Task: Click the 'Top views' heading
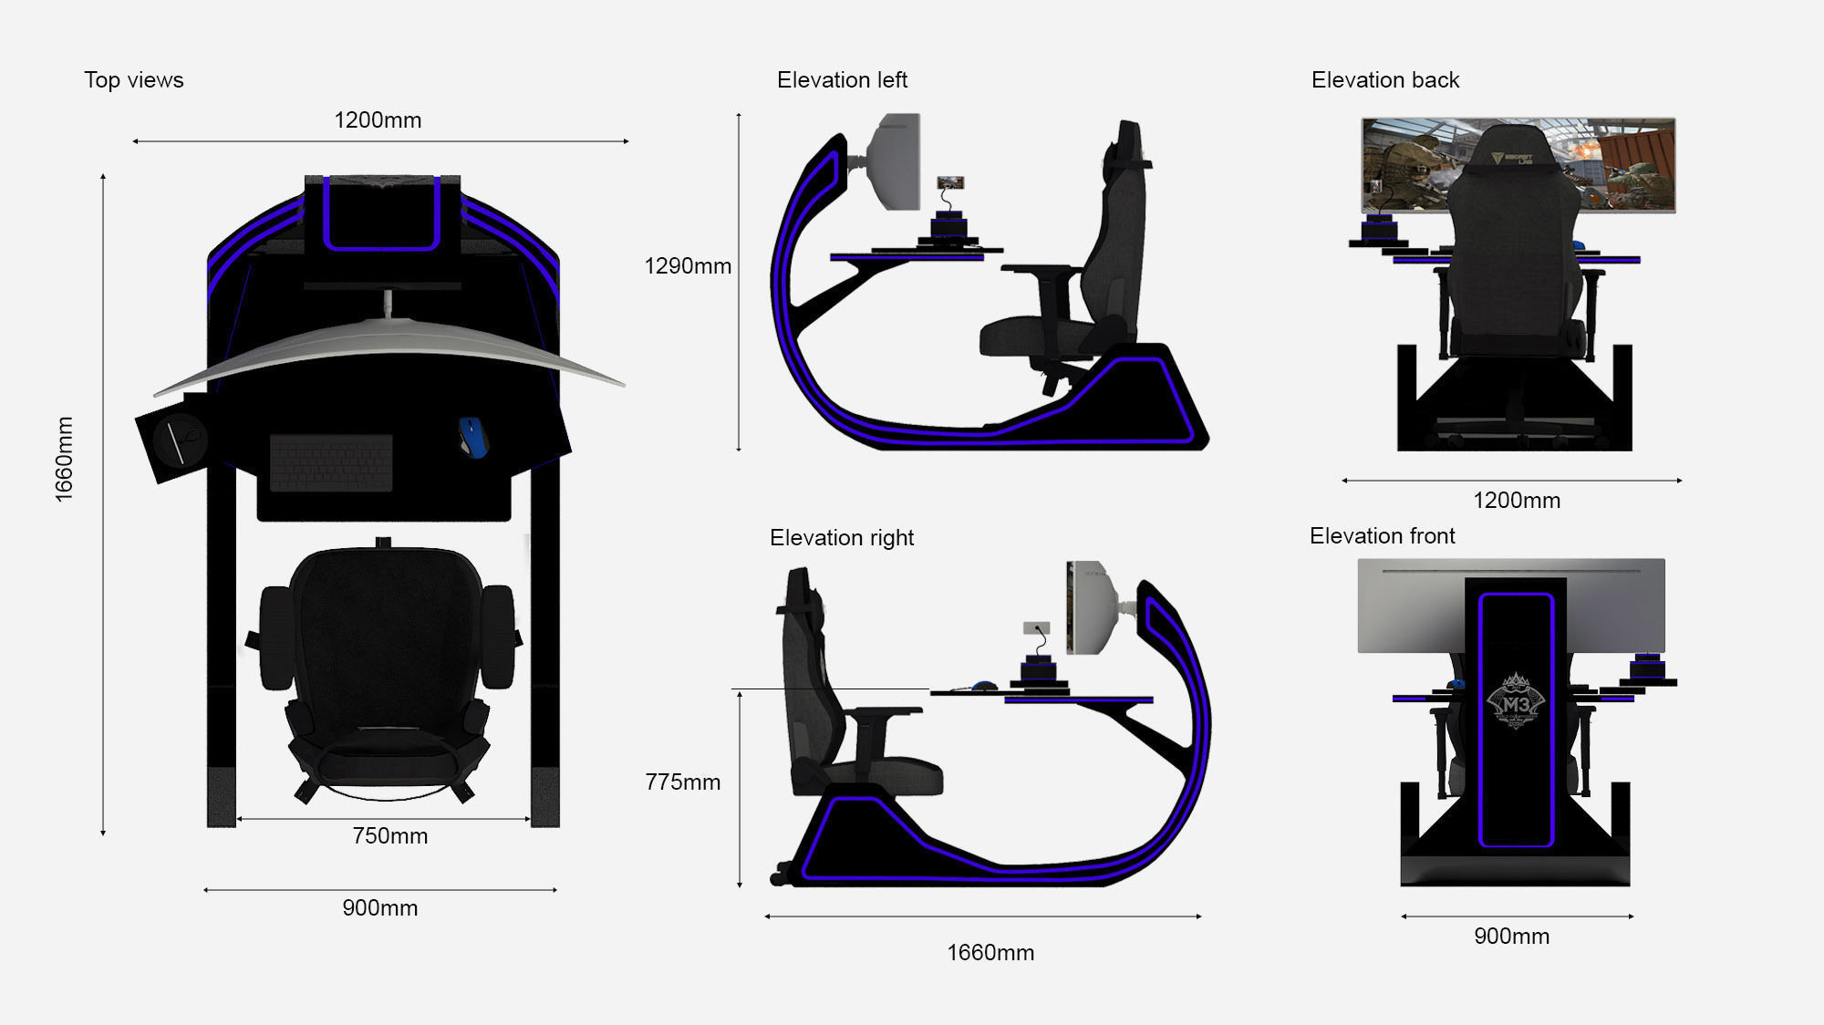[x=134, y=80]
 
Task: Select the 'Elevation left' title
[x=842, y=80]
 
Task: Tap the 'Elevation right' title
[x=841, y=538]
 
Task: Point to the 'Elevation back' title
[x=1384, y=80]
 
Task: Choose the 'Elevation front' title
[x=1382, y=536]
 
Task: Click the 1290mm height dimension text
[x=688, y=266]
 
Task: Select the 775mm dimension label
[x=682, y=782]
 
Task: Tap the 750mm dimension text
[x=389, y=836]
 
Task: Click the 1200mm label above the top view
[x=378, y=120]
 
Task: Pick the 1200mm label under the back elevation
[x=1516, y=501]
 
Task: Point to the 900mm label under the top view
[x=379, y=908]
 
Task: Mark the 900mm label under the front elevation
[x=1511, y=937]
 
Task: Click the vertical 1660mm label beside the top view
[x=64, y=459]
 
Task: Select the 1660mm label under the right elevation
[x=990, y=953]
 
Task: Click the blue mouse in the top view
[x=472, y=436]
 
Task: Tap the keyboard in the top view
[x=331, y=462]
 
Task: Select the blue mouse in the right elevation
[x=983, y=686]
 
